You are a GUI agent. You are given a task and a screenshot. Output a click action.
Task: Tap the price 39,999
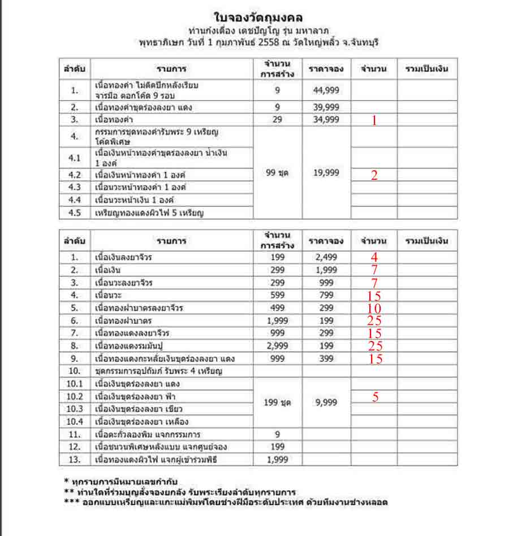tap(326, 107)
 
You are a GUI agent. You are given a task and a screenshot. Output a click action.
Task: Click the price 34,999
tap(326, 119)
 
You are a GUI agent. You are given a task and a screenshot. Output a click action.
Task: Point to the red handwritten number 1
tap(373, 120)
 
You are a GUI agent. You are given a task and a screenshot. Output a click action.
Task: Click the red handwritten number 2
tap(374, 175)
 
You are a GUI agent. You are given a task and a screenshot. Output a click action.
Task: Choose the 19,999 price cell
tap(326, 173)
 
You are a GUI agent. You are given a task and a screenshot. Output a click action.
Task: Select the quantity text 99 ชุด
tap(278, 173)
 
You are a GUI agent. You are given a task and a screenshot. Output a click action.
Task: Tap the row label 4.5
tap(75, 213)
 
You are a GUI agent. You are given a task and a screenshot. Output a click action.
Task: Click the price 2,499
tap(326, 257)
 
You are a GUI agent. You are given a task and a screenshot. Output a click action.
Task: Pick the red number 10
tap(374, 308)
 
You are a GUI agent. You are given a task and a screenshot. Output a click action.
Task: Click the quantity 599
tap(278, 295)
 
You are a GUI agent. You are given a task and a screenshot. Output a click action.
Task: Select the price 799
tap(326, 295)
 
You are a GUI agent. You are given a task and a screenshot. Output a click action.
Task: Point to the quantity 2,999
tap(278, 345)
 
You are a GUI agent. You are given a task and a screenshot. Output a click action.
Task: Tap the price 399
tap(326, 358)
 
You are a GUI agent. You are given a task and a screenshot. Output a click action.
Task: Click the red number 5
tap(375, 397)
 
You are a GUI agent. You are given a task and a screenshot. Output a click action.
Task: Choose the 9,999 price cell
tap(326, 403)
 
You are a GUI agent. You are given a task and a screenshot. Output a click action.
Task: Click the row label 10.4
tap(75, 421)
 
